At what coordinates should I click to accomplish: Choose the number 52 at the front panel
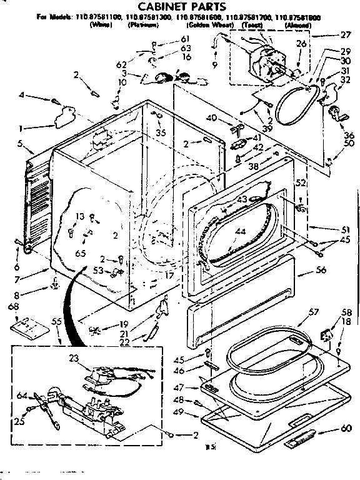pyautogui.click(x=301, y=182)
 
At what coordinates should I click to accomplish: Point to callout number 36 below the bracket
pyautogui.click(x=348, y=134)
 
